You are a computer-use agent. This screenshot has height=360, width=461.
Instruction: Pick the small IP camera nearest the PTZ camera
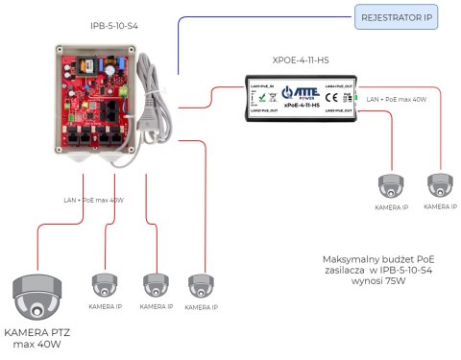(105, 285)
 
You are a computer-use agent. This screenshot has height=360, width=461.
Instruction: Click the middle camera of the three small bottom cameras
(155, 285)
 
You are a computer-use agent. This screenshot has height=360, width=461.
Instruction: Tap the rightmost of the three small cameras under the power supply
(201, 285)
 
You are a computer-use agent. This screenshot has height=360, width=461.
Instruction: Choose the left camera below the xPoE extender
(391, 185)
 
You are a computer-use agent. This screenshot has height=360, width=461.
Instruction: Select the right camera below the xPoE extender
(440, 185)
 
